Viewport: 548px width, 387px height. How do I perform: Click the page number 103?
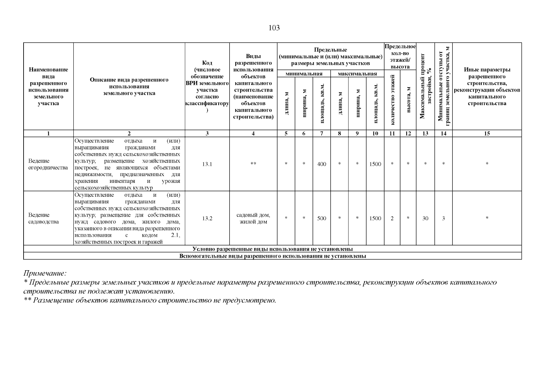tap(274, 28)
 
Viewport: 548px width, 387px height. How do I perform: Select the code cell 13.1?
tap(207, 164)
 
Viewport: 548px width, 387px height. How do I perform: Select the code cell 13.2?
tap(207, 218)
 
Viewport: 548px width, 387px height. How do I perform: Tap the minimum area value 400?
tap(322, 164)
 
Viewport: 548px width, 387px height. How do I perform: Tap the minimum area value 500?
tap(322, 218)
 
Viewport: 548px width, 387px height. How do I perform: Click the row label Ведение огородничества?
tap(48, 164)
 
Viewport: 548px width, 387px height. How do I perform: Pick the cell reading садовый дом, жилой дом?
tap(253, 218)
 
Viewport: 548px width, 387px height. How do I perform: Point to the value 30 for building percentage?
tap(425, 218)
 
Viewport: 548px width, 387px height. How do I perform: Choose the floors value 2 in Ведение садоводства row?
tap(392, 218)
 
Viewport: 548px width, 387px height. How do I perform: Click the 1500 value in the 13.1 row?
tap(375, 164)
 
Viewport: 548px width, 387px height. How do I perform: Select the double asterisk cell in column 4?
tap(253, 164)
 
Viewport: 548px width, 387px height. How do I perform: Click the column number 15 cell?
tap(487, 134)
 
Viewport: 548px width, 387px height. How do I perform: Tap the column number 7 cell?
tap(322, 134)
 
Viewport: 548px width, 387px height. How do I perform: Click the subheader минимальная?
tap(304, 74)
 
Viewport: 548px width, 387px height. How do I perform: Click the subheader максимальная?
tap(357, 74)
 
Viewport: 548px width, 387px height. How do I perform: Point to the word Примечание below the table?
tap(45, 273)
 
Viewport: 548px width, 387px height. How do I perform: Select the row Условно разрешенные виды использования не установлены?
tap(272, 249)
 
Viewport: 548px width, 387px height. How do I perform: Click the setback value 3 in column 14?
tap(443, 218)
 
